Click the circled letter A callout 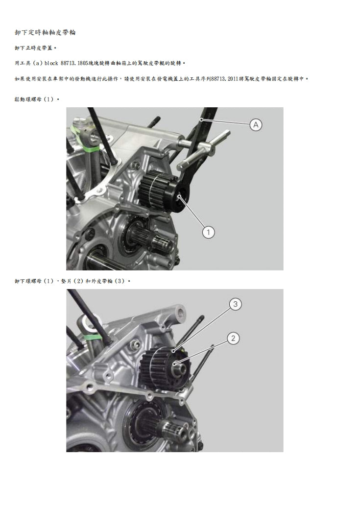coord(256,125)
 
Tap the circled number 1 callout coord(208,232)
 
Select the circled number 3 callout coord(235,304)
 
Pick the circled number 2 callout coord(233,339)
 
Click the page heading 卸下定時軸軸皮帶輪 coord(45,32)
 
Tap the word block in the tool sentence coord(51,63)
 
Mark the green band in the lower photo coord(92,337)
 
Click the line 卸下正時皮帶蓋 coord(36,48)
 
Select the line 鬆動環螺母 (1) coord(37,99)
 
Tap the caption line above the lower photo coord(72,281)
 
